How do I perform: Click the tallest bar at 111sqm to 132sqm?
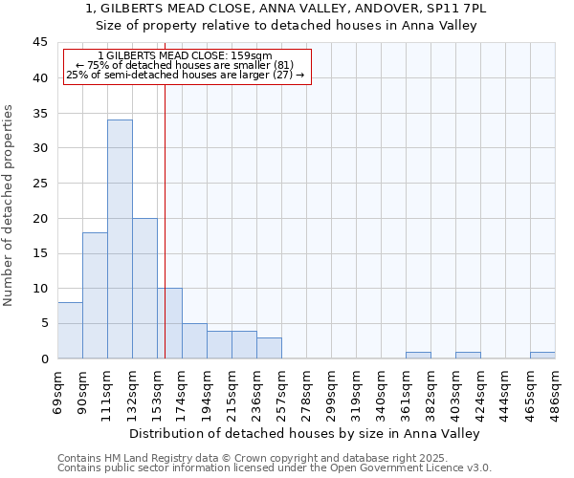(x=120, y=239)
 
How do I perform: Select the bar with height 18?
(x=95, y=295)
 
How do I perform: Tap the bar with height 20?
(x=144, y=288)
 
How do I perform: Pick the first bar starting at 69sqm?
(x=70, y=331)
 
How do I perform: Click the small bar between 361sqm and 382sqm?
(x=418, y=355)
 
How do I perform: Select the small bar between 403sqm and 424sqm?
(x=468, y=355)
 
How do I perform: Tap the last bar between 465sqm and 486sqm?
(x=542, y=355)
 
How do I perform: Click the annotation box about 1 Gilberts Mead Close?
(x=188, y=66)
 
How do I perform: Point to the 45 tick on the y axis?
(x=41, y=43)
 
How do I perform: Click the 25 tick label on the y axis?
(x=41, y=184)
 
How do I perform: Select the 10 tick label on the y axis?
(x=41, y=289)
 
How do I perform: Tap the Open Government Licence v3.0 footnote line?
(x=275, y=468)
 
